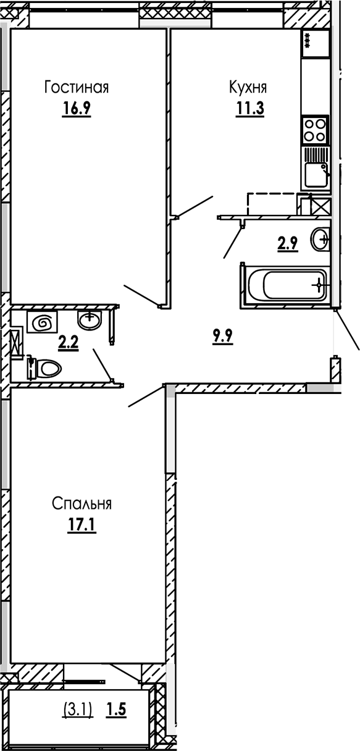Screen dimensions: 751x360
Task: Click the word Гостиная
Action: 76,88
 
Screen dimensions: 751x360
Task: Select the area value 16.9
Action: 76,109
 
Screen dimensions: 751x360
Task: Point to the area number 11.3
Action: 249,109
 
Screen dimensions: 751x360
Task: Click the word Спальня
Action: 82,503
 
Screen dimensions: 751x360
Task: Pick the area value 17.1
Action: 81,525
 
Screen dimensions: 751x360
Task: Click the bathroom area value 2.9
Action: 288,243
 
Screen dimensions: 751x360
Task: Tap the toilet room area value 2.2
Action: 68,343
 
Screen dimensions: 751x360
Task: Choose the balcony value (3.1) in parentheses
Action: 78,710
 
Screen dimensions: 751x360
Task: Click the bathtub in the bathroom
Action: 285,285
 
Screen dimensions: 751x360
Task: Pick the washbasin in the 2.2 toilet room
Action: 90,319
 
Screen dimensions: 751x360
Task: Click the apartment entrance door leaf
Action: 348,330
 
